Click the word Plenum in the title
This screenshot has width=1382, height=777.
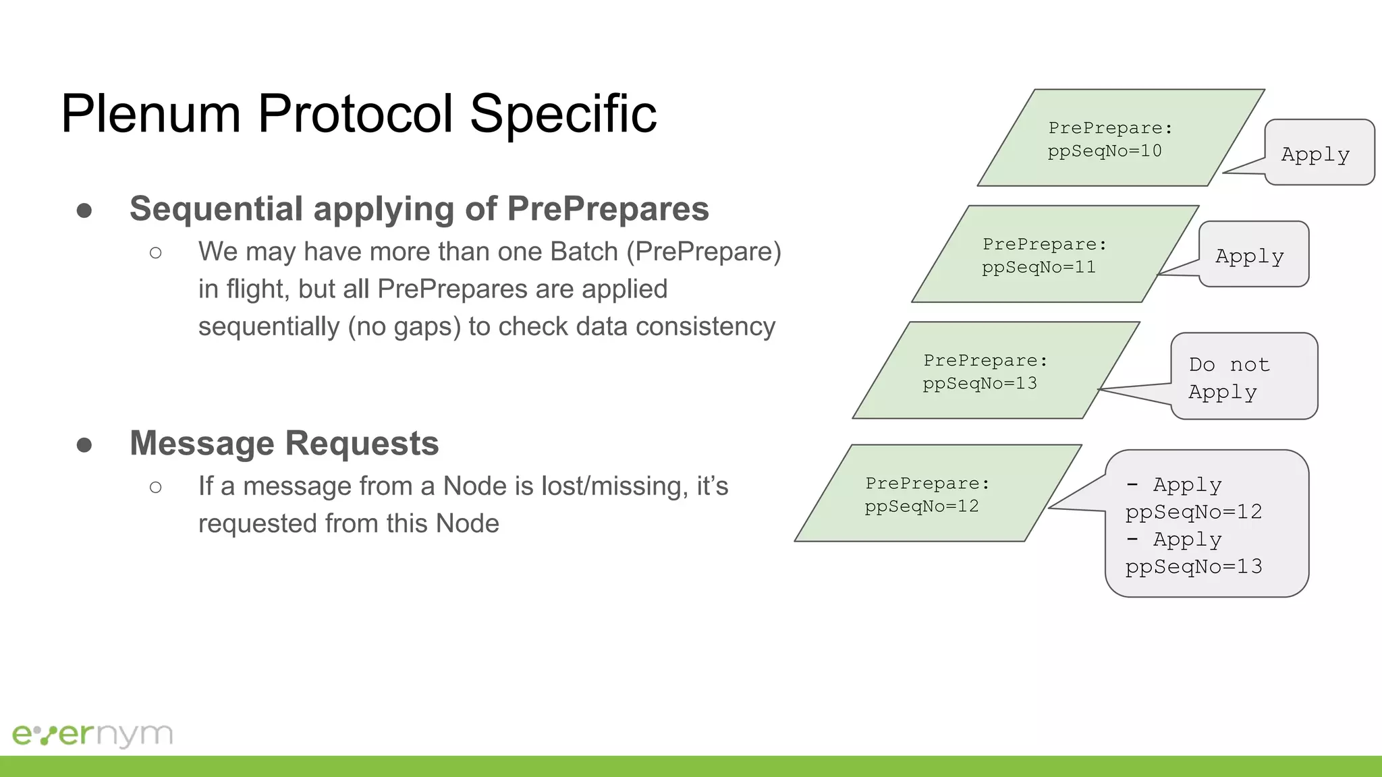click(150, 114)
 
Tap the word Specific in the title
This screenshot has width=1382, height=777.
click(563, 114)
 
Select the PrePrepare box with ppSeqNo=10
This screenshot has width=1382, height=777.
click(1120, 138)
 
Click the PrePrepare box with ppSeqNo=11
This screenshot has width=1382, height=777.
click(1054, 254)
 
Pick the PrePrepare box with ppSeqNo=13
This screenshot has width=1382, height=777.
click(995, 371)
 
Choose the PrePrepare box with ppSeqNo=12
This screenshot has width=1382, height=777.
click(937, 494)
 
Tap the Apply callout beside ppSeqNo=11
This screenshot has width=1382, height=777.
click(1253, 255)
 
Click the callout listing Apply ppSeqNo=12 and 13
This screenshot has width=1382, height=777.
click(1207, 524)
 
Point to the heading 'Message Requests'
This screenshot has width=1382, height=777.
click(284, 444)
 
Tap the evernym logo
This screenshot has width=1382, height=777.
click(92, 735)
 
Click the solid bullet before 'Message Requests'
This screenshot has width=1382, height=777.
click(84, 445)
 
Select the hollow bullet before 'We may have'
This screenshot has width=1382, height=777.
click(156, 253)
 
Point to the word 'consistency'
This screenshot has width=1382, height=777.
click(705, 327)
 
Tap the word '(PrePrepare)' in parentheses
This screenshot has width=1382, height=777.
click(704, 252)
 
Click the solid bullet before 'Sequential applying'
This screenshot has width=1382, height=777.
click(84, 210)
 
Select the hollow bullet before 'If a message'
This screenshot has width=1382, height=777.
click(156, 487)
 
